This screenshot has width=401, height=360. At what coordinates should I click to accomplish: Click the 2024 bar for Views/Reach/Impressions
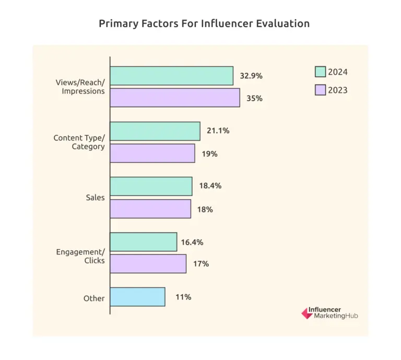point(172,76)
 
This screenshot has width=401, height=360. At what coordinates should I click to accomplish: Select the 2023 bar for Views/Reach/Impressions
point(175,98)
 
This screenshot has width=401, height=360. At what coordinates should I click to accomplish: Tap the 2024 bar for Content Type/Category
point(155,131)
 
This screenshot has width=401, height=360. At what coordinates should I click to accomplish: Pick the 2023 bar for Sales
point(150,209)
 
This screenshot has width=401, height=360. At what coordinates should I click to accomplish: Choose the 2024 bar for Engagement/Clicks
point(144,242)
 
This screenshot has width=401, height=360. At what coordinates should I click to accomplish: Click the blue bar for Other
point(138,297)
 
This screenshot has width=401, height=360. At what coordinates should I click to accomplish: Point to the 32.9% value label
point(251,76)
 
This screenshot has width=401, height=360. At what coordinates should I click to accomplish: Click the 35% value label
point(254,98)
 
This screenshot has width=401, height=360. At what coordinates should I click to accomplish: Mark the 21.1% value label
point(218,131)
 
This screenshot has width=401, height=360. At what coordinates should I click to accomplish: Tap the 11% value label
point(183,297)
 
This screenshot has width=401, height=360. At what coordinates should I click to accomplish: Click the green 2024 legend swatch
point(321,72)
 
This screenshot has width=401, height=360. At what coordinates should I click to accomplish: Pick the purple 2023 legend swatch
point(321,90)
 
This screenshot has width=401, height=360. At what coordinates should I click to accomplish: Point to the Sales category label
point(95,198)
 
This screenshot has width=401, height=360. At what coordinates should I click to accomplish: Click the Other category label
point(94,298)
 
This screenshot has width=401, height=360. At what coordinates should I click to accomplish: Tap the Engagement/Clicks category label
point(80,256)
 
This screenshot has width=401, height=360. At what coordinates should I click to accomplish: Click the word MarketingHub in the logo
point(336,317)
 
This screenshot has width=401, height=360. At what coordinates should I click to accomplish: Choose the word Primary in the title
point(116,24)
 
